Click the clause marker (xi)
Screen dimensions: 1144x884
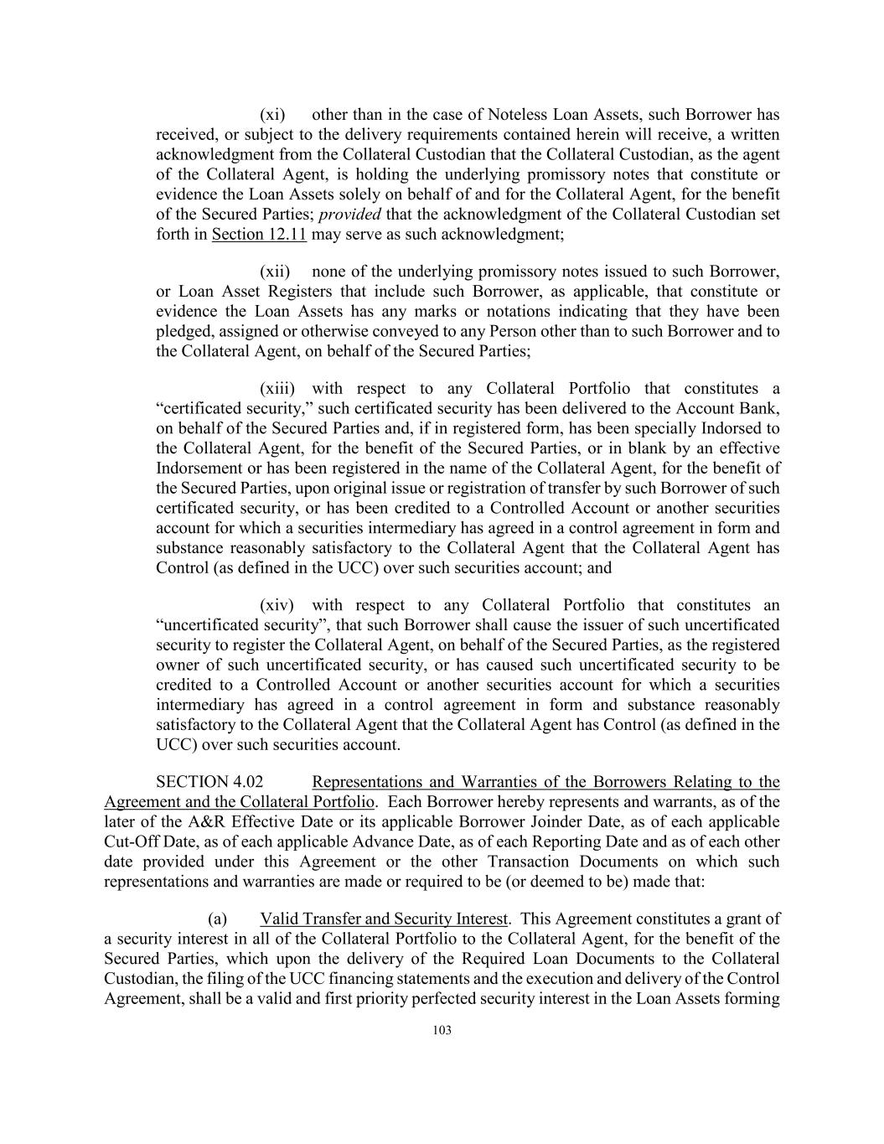click(x=272, y=115)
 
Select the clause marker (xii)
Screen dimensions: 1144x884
click(x=275, y=272)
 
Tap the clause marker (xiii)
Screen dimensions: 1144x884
click(x=277, y=389)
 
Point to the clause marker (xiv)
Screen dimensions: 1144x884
click(x=277, y=605)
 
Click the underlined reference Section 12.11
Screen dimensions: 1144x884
click(x=259, y=235)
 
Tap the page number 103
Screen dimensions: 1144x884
click(x=442, y=1031)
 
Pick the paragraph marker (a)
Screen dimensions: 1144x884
click(x=217, y=919)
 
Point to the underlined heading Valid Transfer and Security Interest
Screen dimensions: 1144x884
click(x=384, y=919)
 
